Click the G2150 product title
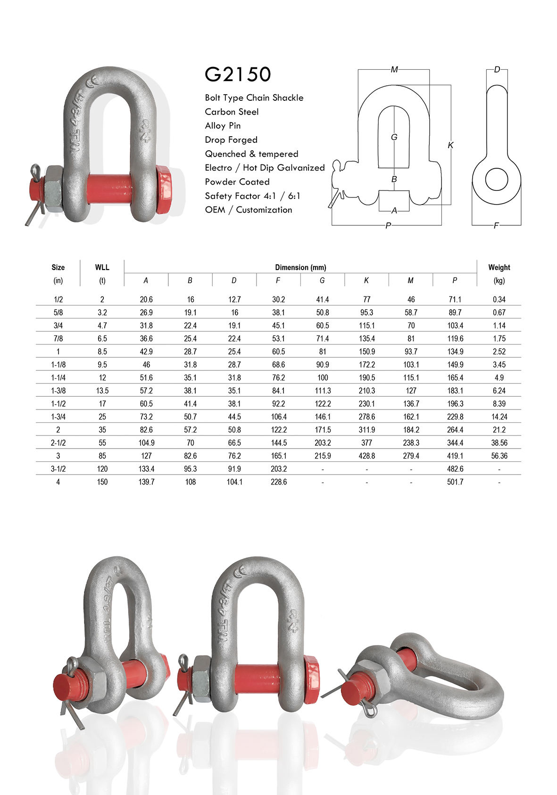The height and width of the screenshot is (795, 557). pos(238,74)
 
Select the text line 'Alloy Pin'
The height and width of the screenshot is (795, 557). pos(223,126)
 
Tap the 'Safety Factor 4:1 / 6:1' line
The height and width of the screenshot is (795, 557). pos(252,196)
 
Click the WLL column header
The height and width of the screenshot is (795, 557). pos(102,267)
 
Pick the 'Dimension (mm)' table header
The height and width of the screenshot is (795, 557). pos(300,267)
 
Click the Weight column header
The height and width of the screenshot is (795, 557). pos(499,267)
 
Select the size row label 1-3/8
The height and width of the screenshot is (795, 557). pos(58,391)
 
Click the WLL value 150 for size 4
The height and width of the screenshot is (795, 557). pos(102,482)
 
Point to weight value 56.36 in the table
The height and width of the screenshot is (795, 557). pos(499,456)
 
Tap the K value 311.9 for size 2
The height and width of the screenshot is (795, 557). pos(366,430)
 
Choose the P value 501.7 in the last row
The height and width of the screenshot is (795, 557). pos(455,482)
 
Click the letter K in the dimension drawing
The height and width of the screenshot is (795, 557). pos(450,145)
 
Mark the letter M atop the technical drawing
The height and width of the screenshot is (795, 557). pos(394,70)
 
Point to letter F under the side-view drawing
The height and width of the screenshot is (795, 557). pos(496,226)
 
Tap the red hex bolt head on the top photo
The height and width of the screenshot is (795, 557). pos(164,189)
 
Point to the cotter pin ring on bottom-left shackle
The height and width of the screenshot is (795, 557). pos(71,664)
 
